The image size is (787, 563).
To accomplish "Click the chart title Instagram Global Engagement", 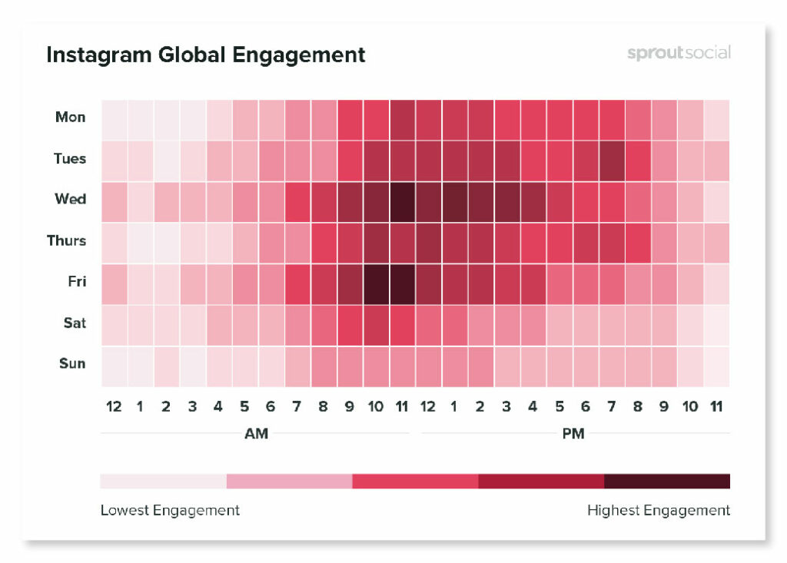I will tap(205, 55).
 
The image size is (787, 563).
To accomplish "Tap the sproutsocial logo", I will tap(678, 53).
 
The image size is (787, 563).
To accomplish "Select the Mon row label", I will tap(71, 118).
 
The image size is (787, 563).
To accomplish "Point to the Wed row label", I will tap(71, 199).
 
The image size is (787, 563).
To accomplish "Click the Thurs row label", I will tap(67, 240).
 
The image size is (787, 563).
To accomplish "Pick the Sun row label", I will tap(72, 363).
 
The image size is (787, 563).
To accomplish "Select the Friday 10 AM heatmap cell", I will tap(375, 282).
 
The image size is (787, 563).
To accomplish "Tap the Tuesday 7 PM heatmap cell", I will tap(611, 159).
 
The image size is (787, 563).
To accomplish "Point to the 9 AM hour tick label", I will tap(349, 407).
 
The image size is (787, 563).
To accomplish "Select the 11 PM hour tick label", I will tap(716, 407).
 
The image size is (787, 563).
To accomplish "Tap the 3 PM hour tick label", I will tap(506, 407).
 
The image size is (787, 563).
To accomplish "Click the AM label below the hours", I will tap(256, 434).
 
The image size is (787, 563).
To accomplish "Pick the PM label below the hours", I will tap(573, 434).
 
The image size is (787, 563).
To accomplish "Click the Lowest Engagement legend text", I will tap(170, 510).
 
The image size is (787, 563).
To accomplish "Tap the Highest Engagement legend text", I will tap(658, 510).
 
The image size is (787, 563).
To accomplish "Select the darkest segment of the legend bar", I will tap(666, 482).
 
